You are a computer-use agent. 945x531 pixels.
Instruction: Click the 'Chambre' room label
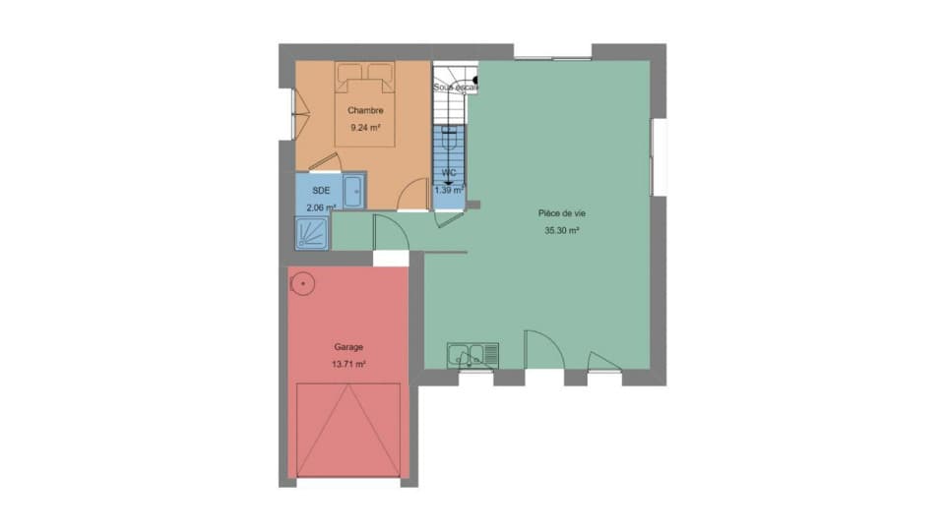pyautogui.click(x=364, y=110)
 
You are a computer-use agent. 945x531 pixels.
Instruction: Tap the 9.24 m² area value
pyautogui.click(x=364, y=127)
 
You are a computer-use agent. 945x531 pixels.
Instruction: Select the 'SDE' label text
pyautogui.click(x=320, y=191)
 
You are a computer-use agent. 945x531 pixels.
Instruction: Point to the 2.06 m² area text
pyautogui.click(x=321, y=207)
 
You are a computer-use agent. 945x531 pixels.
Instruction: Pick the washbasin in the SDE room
pyautogui.click(x=353, y=190)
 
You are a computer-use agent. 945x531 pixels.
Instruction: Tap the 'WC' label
pyautogui.click(x=449, y=172)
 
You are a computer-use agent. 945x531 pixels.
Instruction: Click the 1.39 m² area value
pyautogui.click(x=449, y=190)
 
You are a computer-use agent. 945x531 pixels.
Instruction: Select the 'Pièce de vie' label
pyautogui.click(x=561, y=213)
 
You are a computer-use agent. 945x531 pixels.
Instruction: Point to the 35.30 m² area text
pyautogui.click(x=561, y=231)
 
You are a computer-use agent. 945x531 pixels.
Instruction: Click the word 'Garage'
pyautogui.click(x=348, y=347)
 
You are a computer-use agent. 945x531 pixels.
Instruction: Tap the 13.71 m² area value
pyautogui.click(x=348, y=364)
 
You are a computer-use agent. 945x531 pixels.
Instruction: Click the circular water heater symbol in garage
pyautogui.click(x=303, y=284)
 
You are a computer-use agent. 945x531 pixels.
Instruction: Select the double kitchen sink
pyautogui.click(x=472, y=354)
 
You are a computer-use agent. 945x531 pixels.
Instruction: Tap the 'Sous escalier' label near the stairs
pyautogui.click(x=456, y=88)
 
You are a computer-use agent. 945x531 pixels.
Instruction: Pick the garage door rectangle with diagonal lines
pyautogui.click(x=348, y=430)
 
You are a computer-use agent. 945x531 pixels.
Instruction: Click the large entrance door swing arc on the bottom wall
pyautogui.click(x=539, y=350)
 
